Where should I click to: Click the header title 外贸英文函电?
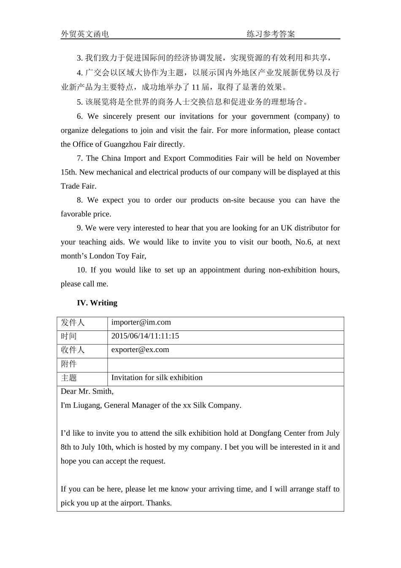85,34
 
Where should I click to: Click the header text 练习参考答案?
271,34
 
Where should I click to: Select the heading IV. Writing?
97,303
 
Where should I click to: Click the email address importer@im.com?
141,322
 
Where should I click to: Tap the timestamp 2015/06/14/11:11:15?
145,336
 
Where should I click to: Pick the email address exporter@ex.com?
140,350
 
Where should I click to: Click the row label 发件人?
73,322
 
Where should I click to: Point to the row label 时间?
69,336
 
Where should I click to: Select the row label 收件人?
73,350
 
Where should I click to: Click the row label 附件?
69,364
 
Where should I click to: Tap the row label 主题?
69,378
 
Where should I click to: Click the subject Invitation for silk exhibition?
157,378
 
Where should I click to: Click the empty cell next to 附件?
225,365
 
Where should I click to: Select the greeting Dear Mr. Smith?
87,391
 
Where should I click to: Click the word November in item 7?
322,158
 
